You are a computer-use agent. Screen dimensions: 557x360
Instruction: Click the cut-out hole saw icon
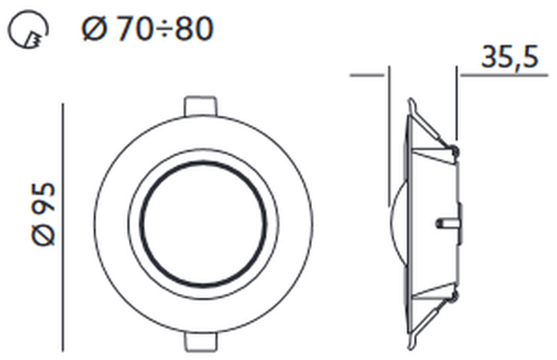28,30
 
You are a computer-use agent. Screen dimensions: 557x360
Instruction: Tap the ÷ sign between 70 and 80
163,30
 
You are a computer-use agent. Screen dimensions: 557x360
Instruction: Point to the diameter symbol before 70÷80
94,29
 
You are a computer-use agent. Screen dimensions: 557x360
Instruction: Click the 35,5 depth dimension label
510,57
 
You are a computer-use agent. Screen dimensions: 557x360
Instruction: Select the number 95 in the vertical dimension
44,199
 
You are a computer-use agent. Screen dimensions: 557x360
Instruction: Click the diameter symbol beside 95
44,233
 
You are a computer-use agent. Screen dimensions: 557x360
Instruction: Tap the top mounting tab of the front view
200,106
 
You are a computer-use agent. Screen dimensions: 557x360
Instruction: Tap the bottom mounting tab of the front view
200,341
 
